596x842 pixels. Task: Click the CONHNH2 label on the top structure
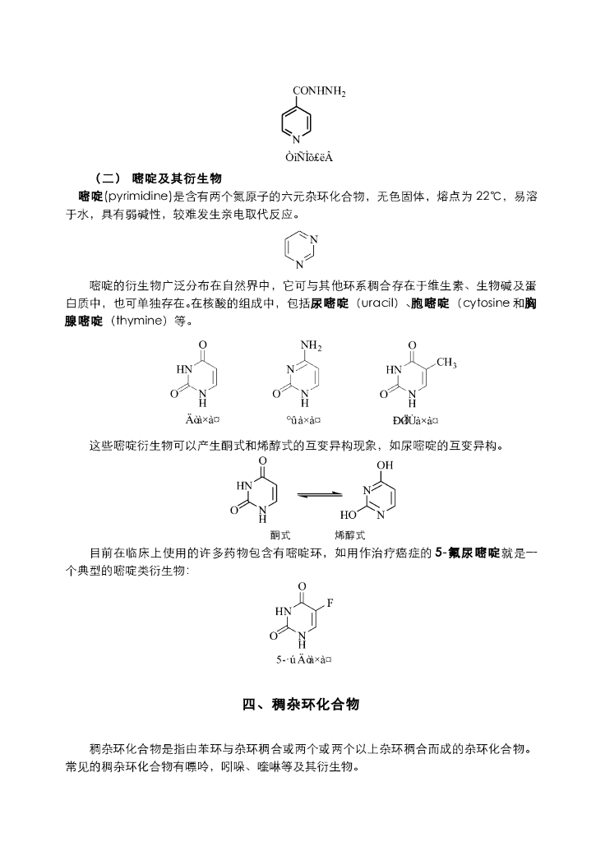click(x=319, y=91)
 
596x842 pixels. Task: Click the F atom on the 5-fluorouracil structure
click(x=330, y=604)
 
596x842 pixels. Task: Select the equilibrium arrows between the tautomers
click(x=319, y=494)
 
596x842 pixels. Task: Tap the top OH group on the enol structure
click(x=385, y=465)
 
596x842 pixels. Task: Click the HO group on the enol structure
click(x=349, y=516)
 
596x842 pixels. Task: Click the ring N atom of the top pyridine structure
click(x=297, y=139)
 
